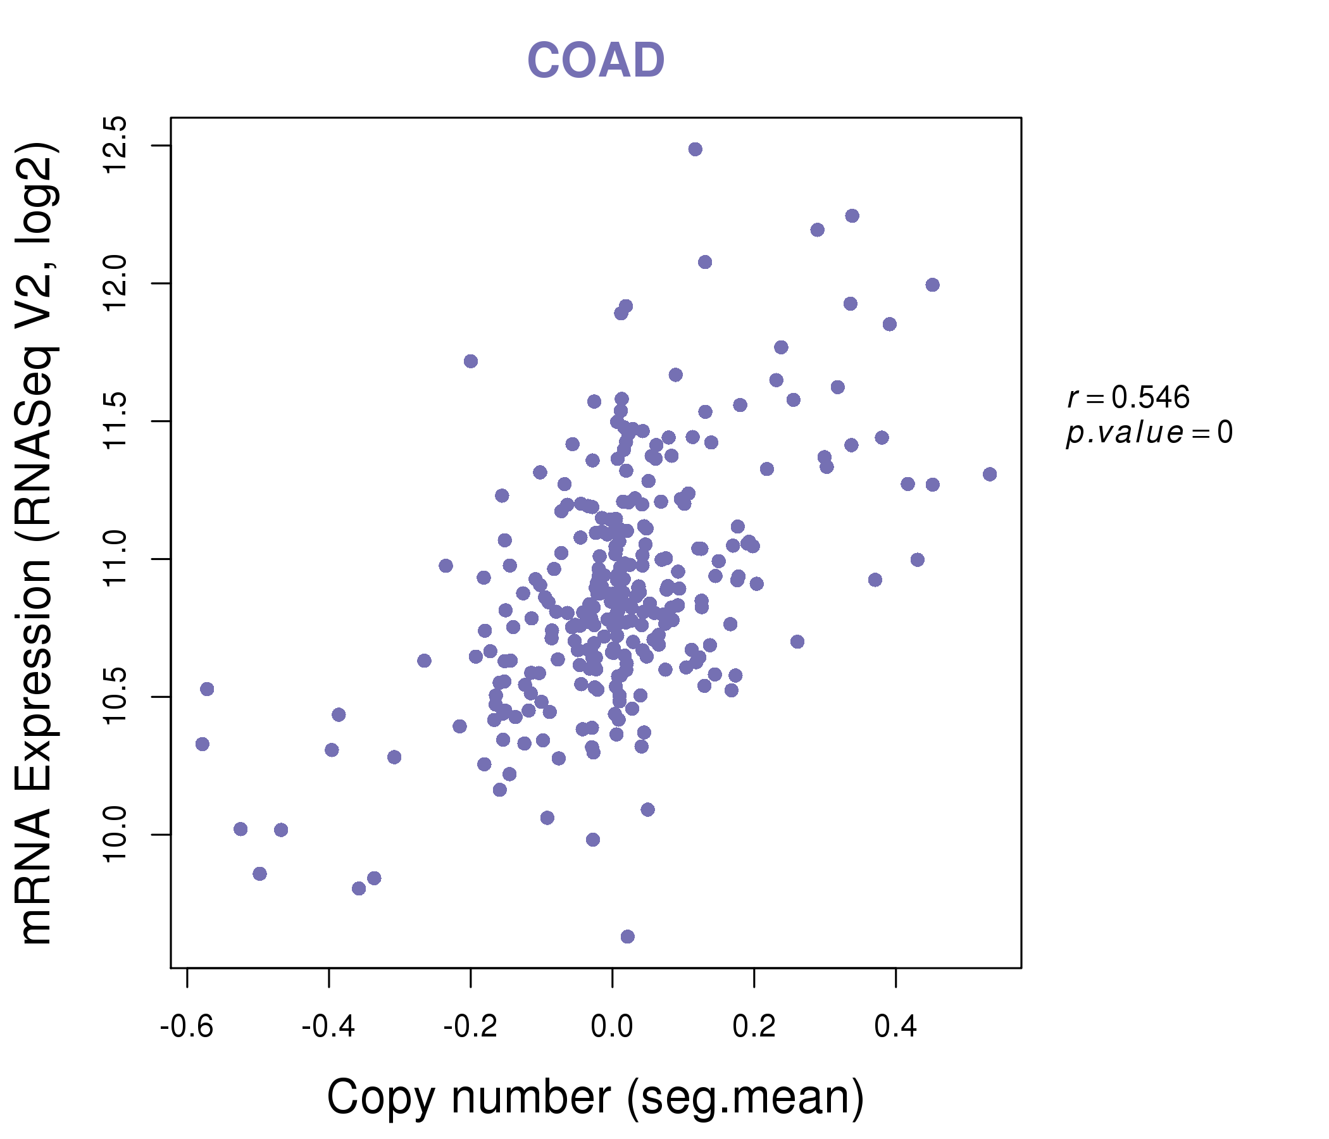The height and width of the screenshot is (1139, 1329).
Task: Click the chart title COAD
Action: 596,61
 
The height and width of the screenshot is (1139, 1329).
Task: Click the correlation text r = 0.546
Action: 1128,397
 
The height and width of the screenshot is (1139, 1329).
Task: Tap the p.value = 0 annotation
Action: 1149,433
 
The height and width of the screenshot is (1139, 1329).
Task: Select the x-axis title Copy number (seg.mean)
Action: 596,1097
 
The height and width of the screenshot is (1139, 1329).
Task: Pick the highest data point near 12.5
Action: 696,149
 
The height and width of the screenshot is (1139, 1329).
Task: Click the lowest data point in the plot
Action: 628,937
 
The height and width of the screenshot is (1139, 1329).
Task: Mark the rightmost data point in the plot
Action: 990,475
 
